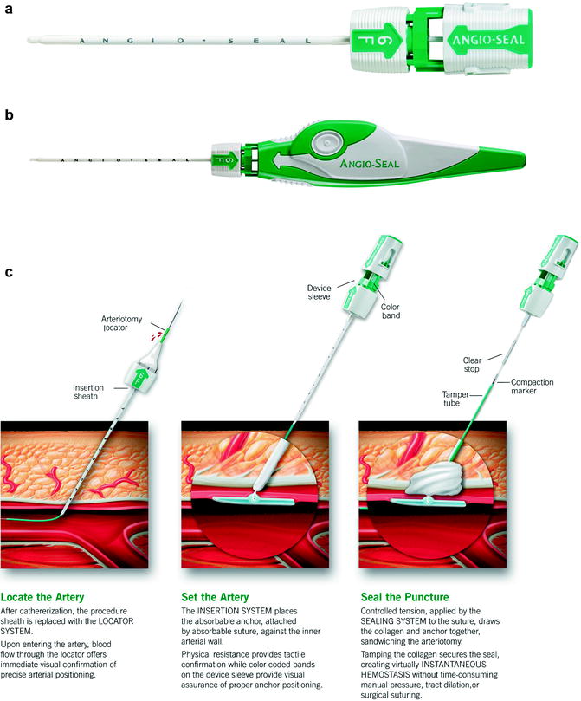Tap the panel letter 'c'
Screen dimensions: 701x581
[8, 273]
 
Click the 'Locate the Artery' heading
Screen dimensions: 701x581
[45, 597]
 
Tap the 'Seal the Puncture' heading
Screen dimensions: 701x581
[404, 597]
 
